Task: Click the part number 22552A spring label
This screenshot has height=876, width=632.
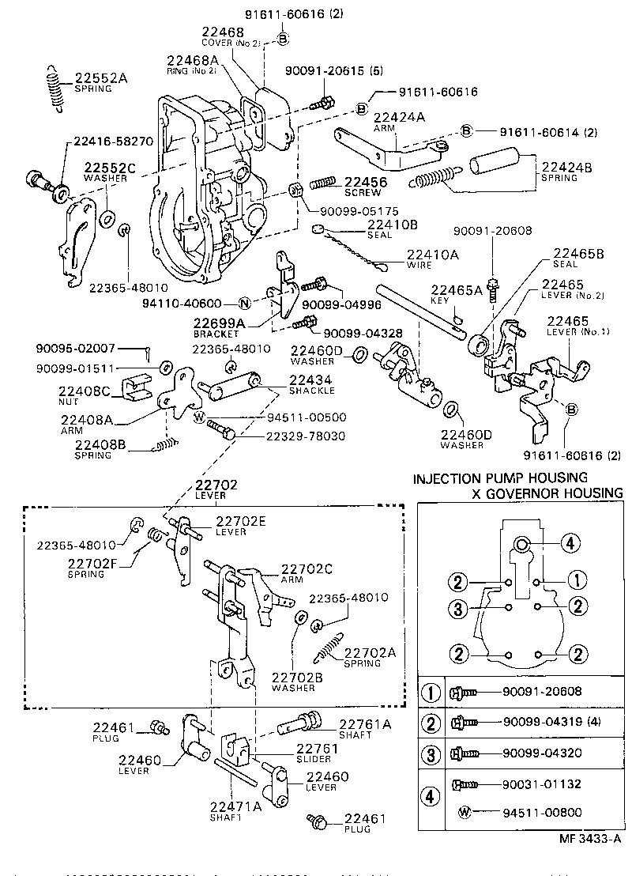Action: pos(100,78)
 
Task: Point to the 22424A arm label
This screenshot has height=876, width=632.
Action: pos(399,117)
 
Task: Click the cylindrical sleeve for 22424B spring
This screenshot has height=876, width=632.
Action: pos(495,166)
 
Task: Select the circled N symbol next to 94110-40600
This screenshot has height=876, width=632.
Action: pos(244,304)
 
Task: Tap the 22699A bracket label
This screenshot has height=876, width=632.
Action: pos(214,323)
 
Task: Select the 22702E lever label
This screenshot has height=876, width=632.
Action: pos(242,520)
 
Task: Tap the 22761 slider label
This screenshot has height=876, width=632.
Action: pos(317,748)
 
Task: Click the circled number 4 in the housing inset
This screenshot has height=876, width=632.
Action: pos(571,542)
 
